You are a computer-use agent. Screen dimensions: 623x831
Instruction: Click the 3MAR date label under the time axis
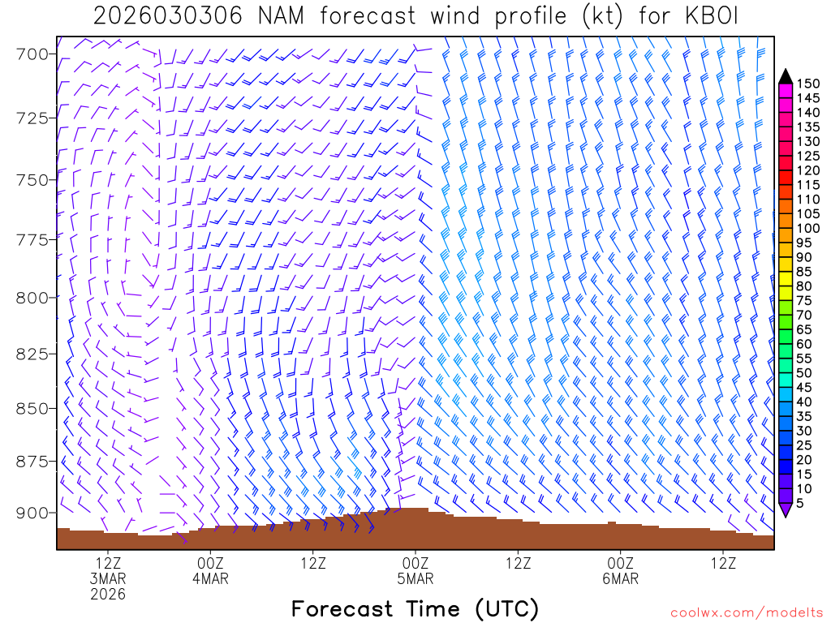coord(108,579)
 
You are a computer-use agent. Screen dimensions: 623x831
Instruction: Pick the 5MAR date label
coord(415,579)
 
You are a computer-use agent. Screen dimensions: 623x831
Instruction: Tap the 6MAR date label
coord(621,579)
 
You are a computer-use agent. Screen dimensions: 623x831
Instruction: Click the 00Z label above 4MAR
coord(210,564)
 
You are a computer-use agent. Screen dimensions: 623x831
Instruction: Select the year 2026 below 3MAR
coord(108,595)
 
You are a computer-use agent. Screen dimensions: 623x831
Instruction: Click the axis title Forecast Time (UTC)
coord(415,608)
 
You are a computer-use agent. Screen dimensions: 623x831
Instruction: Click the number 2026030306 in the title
coord(166,16)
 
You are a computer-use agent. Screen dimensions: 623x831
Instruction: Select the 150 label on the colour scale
coord(808,84)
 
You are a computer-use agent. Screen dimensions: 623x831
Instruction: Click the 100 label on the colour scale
coord(808,228)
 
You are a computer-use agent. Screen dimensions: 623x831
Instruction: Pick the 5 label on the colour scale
coord(803,503)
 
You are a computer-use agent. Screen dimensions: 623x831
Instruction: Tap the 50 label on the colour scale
coord(805,372)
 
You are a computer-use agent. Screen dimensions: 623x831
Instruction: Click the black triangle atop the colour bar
coord(785,76)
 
